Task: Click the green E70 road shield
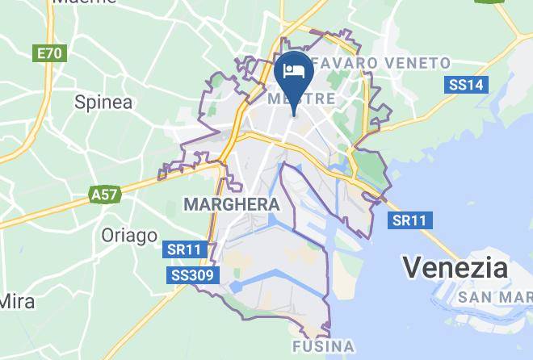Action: [x=49, y=53]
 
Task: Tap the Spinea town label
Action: [x=103, y=102]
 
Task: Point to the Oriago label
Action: [x=129, y=235]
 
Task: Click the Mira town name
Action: [x=17, y=302]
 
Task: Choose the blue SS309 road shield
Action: [x=193, y=276]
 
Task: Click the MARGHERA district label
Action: [x=232, y=204]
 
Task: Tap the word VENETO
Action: [x=418, y=63]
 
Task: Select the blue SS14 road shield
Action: [x=466, y=85]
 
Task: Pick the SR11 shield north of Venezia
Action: [x=411, y=220]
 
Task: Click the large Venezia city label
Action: [x=455, y=267]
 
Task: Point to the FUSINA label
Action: [x=322, y=347]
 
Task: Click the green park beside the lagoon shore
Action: [x=372, y=166]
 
